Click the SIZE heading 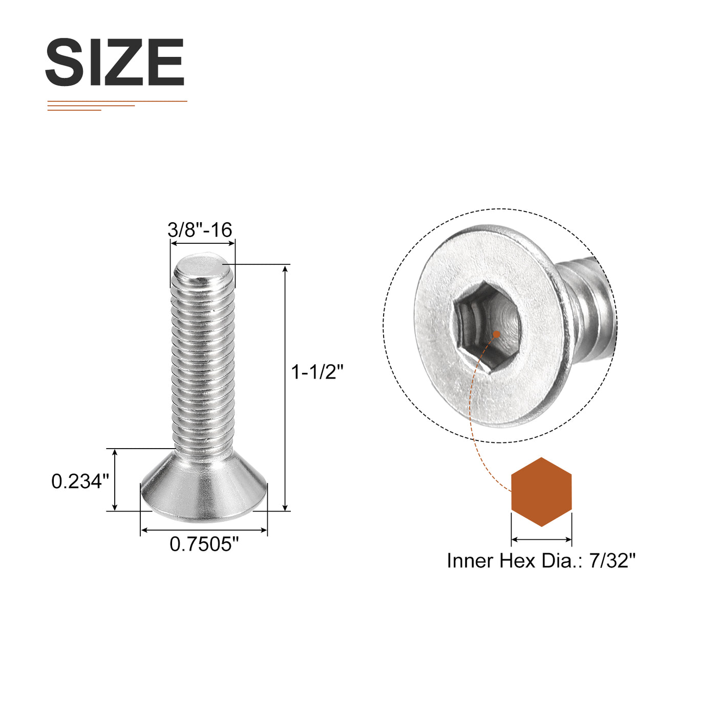point(115,62)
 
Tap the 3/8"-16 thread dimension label point(200,230)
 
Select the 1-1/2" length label point(317,372)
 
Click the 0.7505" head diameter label point(204,544)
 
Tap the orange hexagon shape point(541,492)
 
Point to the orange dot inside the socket point(496,334)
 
